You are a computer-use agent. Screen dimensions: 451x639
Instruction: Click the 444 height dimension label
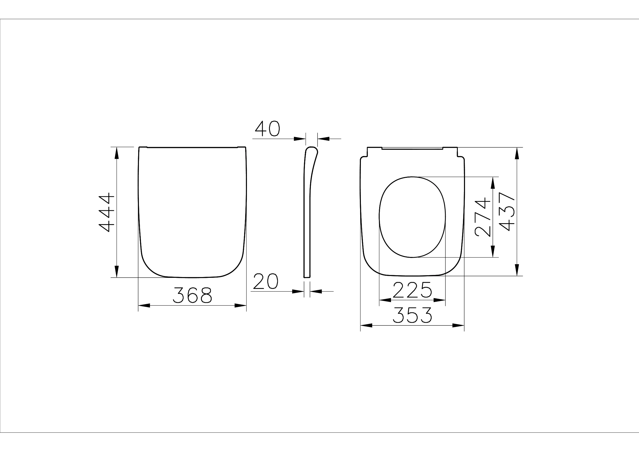[x=107, y=212]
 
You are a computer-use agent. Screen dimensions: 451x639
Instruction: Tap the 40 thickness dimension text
[x=267, y=129]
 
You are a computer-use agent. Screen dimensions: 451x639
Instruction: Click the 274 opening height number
[x=483, y=217]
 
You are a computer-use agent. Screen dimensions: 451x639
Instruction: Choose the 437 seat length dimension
[x=507, y=212]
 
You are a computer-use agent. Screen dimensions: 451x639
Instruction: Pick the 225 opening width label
[x=412, y=290]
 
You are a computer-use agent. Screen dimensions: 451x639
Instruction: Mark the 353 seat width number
[x=412, y=315]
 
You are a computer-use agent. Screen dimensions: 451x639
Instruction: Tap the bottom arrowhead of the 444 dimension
[x=117, y=271]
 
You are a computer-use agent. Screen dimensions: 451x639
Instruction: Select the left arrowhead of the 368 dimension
[x=144, y=305]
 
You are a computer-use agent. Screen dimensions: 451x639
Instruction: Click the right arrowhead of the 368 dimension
[x=240, y=305]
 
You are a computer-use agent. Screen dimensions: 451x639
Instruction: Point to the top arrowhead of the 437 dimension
[x=517, y=153]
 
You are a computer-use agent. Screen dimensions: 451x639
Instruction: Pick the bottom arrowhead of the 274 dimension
[x=493, y=251]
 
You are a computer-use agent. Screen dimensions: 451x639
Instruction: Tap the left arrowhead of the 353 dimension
[x=366, y=325]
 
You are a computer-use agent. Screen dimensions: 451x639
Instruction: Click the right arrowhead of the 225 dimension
[x=439, y=300]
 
